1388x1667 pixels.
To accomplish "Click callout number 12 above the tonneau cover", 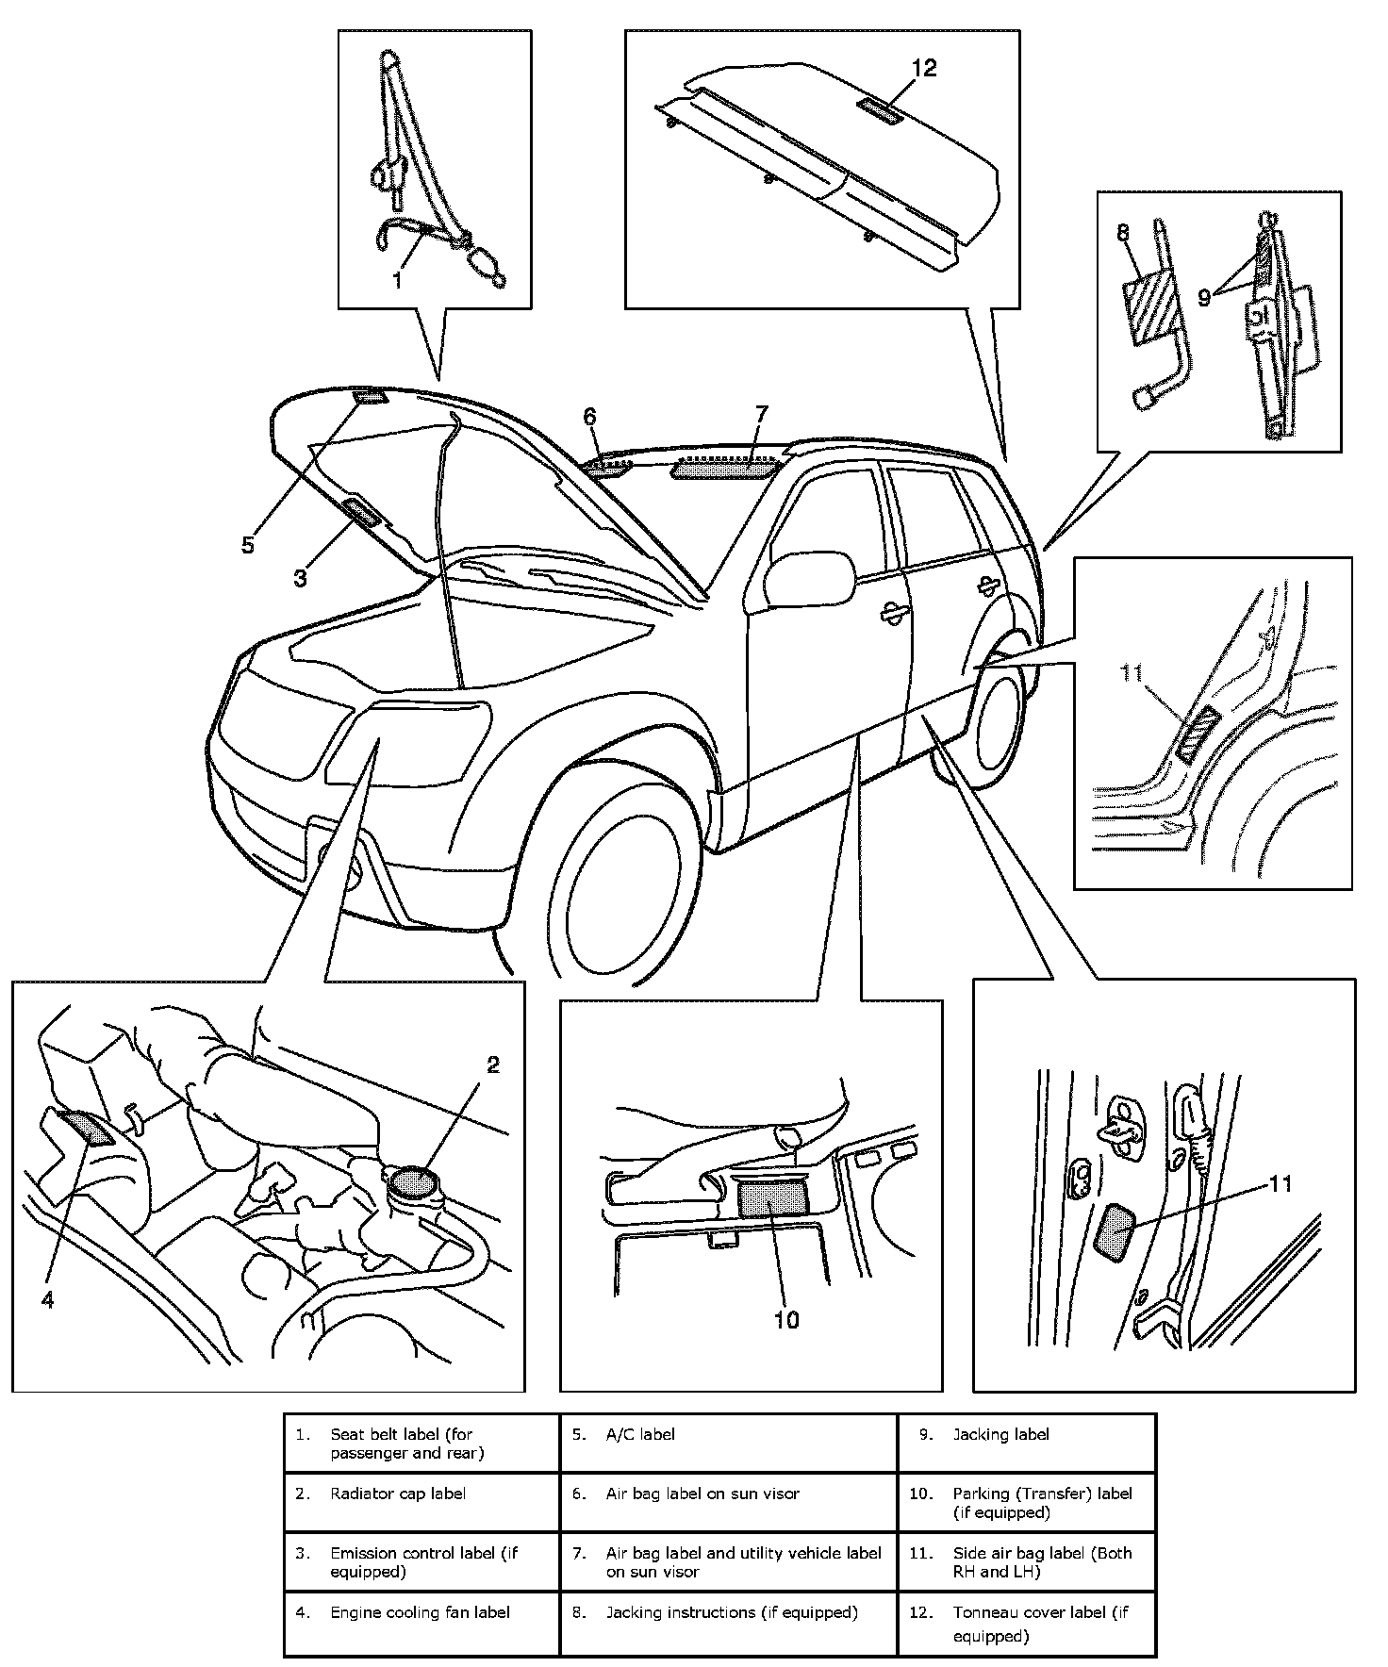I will [924, 69].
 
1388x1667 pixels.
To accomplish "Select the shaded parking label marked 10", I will [773, 1197].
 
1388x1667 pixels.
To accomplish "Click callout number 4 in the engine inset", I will [48, 1300].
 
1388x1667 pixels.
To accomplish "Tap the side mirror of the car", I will [807, 578].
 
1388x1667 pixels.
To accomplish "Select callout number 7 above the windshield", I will [761, 414].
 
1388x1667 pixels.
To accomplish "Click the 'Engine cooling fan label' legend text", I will [420, 1612].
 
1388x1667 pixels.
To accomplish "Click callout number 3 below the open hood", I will [300, 577].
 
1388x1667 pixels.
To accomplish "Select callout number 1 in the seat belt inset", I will [397, 280].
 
